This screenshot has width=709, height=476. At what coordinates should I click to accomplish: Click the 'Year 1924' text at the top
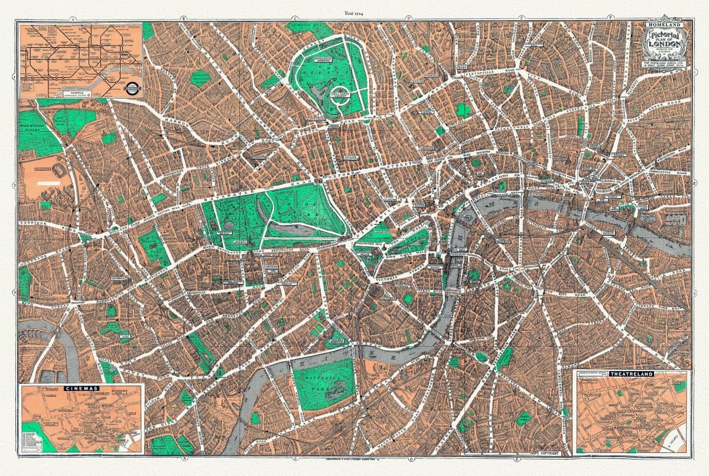354,12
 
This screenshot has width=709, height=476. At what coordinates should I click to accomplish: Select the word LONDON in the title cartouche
664,48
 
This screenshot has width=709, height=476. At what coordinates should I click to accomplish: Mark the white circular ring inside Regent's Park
342,103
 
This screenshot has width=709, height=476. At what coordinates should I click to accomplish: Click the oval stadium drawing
60,171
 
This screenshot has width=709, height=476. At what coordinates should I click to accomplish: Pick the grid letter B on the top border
183,19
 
